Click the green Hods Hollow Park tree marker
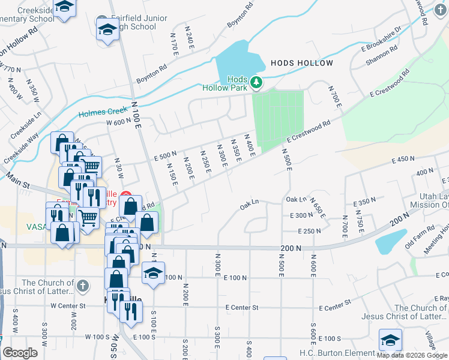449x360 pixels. [256, 82]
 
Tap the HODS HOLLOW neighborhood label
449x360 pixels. [301, 63]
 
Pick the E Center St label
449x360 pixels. [242, 308]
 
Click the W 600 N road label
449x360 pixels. [118, 122]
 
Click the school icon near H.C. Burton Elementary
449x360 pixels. [391, 341]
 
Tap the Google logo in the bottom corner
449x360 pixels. [20, 353]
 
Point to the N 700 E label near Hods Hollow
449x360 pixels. [334, 97]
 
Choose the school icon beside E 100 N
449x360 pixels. [153, 274]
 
